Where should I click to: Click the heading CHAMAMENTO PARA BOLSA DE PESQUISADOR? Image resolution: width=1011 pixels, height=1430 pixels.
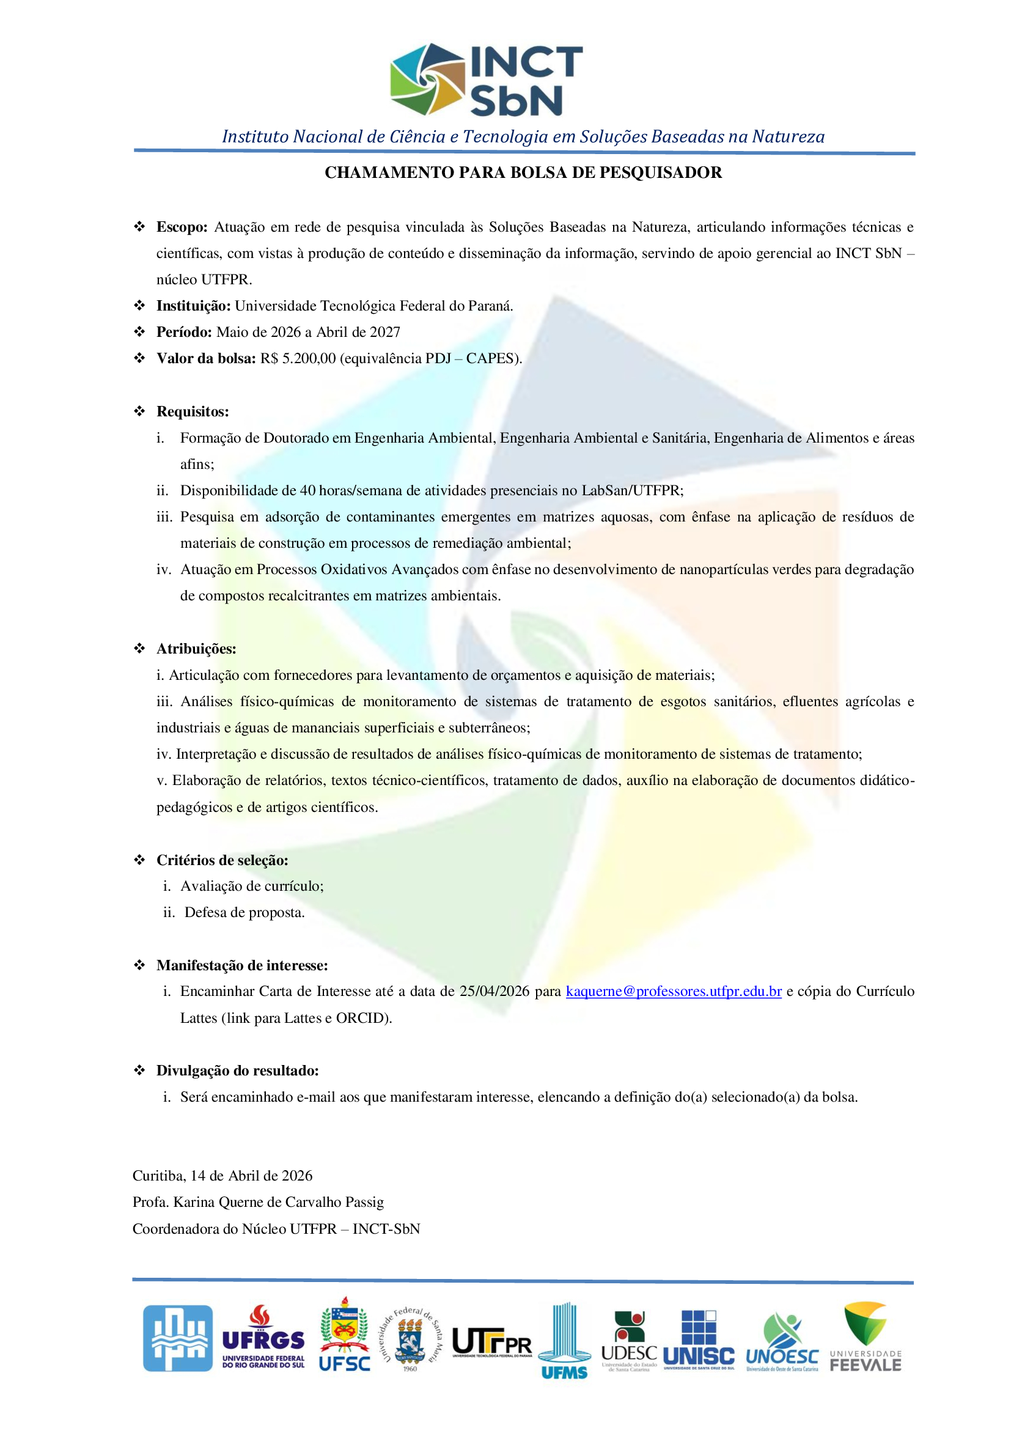523,172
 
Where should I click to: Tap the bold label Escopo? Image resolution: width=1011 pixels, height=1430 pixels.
182,227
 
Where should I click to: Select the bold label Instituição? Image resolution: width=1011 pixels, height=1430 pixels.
194,306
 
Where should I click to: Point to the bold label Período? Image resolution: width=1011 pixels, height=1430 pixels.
184,332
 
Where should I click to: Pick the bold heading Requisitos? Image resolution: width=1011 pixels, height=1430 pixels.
193,411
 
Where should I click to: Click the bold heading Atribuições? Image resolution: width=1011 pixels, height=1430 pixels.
196,649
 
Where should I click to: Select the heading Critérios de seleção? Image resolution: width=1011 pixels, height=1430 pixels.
222,860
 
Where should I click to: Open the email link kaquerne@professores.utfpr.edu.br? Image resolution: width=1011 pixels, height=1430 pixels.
674,992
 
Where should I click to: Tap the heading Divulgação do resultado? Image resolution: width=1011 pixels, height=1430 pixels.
237,1071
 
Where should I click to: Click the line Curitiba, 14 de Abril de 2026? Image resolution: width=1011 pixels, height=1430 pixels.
222,1176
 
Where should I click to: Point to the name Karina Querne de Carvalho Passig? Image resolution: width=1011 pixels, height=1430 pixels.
278,1202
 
